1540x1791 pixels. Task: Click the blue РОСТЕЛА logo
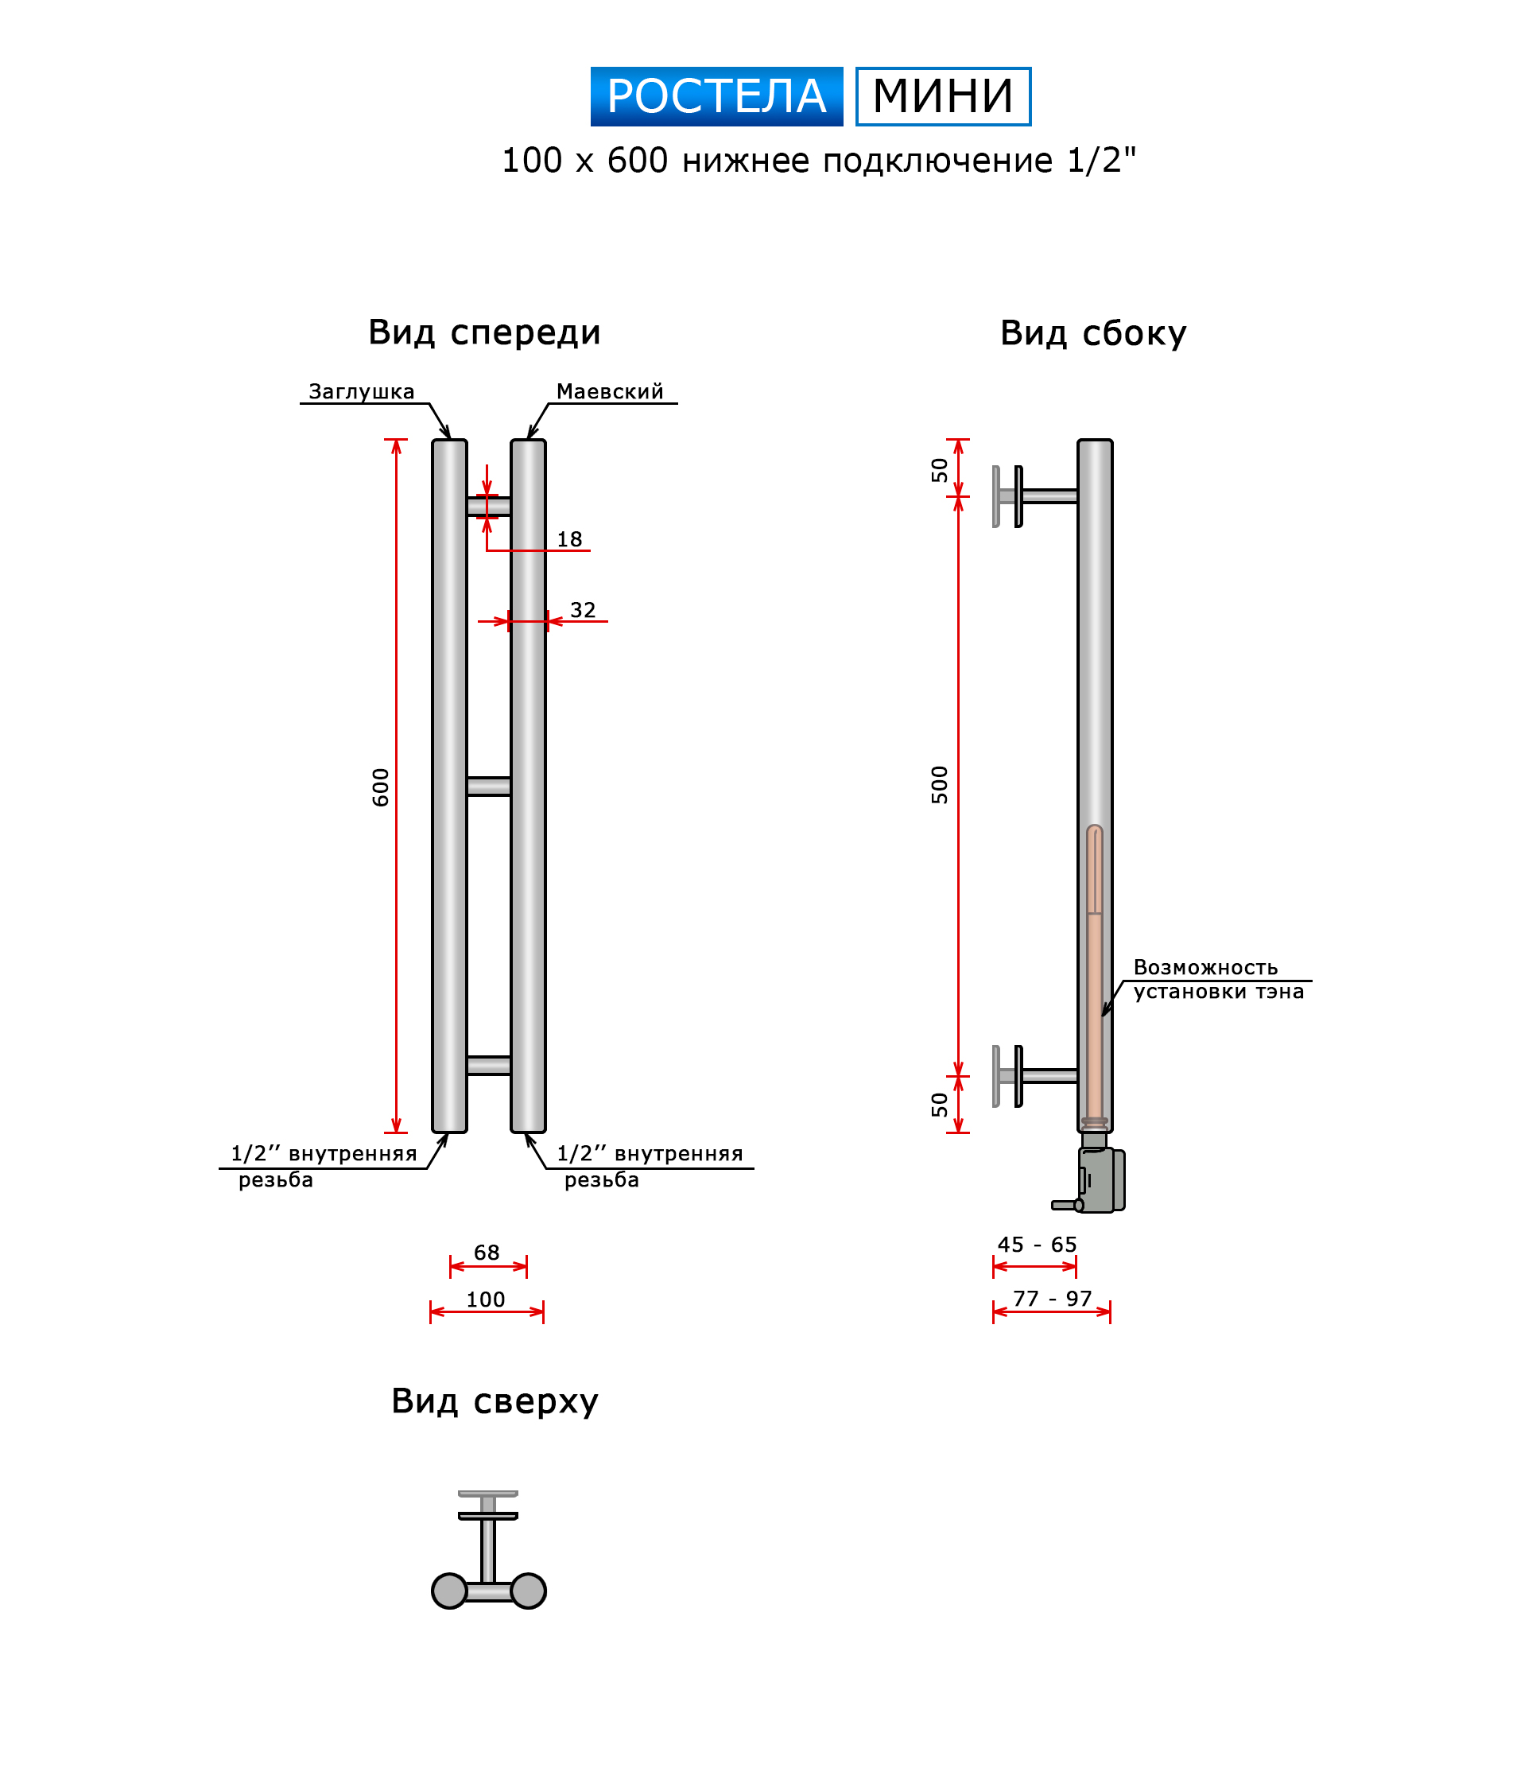(716, 96)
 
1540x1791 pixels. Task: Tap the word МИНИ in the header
(942, 96)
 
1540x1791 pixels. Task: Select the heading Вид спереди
(484, 332)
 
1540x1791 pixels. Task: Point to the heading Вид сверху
(495, 1401)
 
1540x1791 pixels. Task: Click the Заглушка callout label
(361, 391)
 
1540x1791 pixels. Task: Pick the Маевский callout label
(609, 391)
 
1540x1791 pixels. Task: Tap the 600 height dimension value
(380, 787)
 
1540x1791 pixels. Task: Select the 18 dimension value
(568, 539)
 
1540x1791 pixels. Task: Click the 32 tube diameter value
(583, 610)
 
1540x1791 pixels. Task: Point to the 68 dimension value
(487, 1253)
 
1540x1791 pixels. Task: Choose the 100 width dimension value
(486, 1300)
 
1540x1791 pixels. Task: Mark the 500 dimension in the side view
(940, 784)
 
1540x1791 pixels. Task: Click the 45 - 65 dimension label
(1036, 1245)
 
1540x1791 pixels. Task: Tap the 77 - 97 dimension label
(1052, 1298)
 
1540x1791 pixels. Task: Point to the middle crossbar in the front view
(488, 786)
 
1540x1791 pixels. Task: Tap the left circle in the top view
(449, 1591)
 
